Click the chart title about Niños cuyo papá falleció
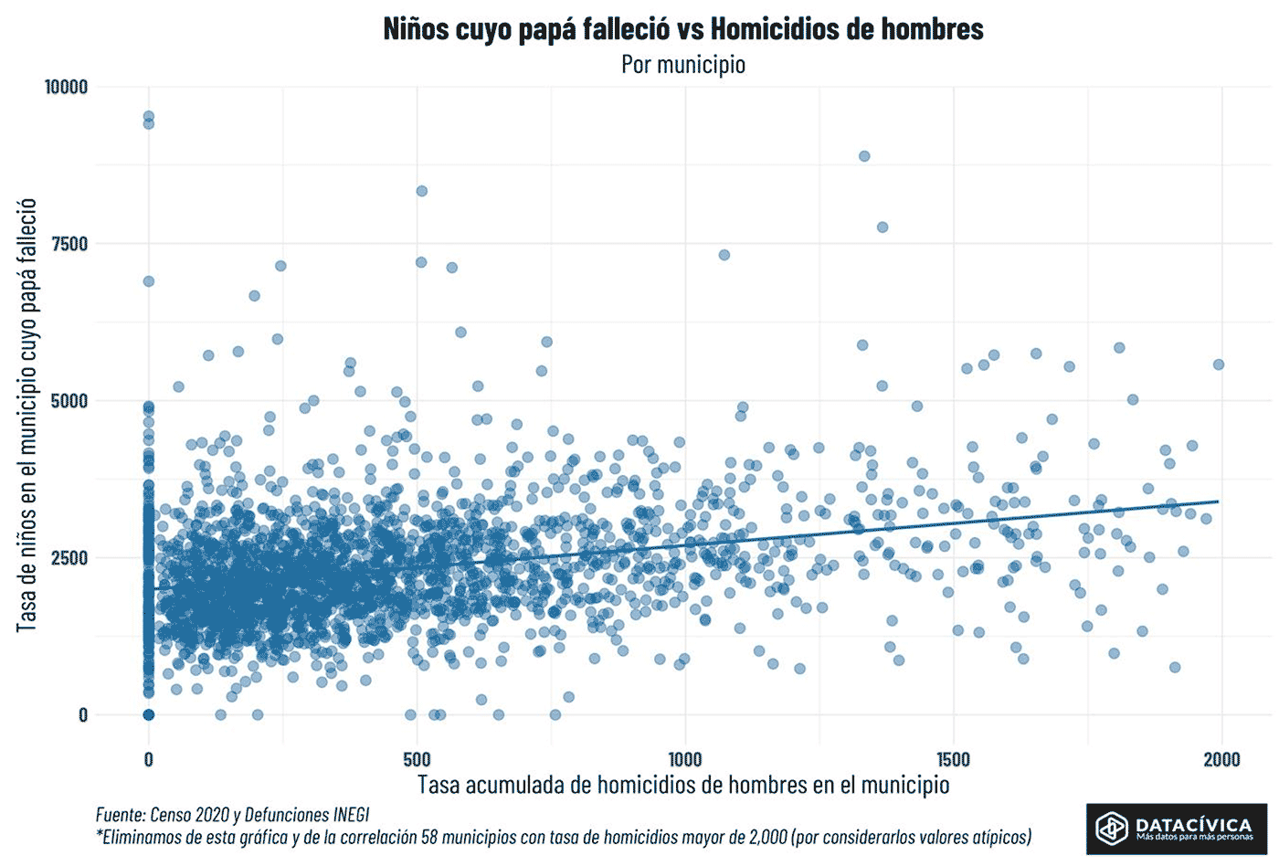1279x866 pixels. tap(682, 29)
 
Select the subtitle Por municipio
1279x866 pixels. tap(682, 65)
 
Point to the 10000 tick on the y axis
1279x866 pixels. tap(66, 87)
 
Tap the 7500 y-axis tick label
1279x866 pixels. tap(69, 244)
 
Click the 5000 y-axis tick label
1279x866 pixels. tap(69, 401)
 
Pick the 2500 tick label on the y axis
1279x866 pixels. tap(69, 558)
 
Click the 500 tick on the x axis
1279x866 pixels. tap(417, 759)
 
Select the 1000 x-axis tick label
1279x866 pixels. tap(685, 759)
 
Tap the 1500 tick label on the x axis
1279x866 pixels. tap(954, 759)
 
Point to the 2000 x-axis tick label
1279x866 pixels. tap(1221, 759)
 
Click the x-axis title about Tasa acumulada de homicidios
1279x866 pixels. tap(683, 785)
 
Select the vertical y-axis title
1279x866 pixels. tap(26, 415)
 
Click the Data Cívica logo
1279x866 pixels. tap(1176, 829)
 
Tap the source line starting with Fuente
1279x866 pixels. tap(232, 814)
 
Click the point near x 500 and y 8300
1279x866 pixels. tap(421, 191)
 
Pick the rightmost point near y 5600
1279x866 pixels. tap(1218, 364)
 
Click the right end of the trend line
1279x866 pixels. tap(1218, 502)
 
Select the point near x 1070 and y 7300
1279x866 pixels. tap(724, 255)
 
